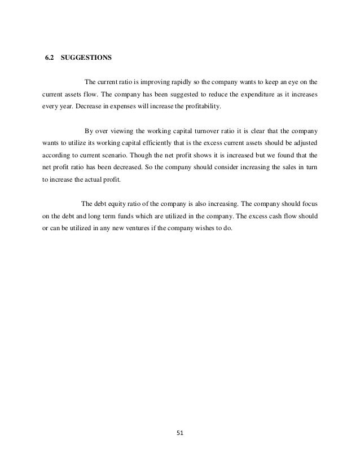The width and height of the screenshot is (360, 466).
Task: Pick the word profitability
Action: [x=201, y=105]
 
